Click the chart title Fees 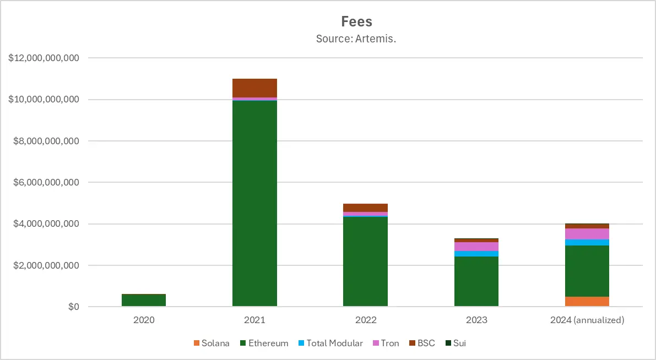tap(356, 21)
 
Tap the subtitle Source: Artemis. tap(356, 39)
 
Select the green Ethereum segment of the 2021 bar tap(254, 204)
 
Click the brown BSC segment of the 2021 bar tap(254, 88)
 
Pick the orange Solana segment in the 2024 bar tap(587, 301)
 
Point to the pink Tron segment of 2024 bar tap(587, 234)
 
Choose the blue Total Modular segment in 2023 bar tap(476, 254)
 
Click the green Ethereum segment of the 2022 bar tap(365, 261)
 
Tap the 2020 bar tap(144, 300)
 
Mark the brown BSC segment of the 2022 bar tap(365, 208)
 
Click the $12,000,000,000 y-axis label tap(44, 58)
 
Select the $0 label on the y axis tap(74, 307)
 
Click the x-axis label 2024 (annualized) tap(587, 320)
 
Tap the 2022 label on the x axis tap(365, 320)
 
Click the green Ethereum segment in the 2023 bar tap(476, 281)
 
